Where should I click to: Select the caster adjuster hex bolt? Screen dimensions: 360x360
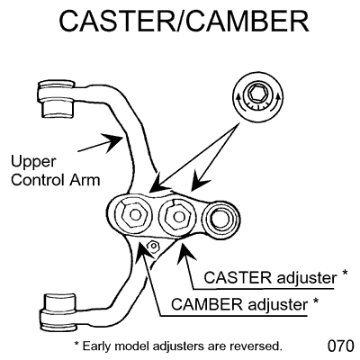pos(175,217)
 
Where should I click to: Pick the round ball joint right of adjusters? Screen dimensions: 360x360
pos(219,219)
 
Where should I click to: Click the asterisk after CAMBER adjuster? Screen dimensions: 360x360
pos(313,301)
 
